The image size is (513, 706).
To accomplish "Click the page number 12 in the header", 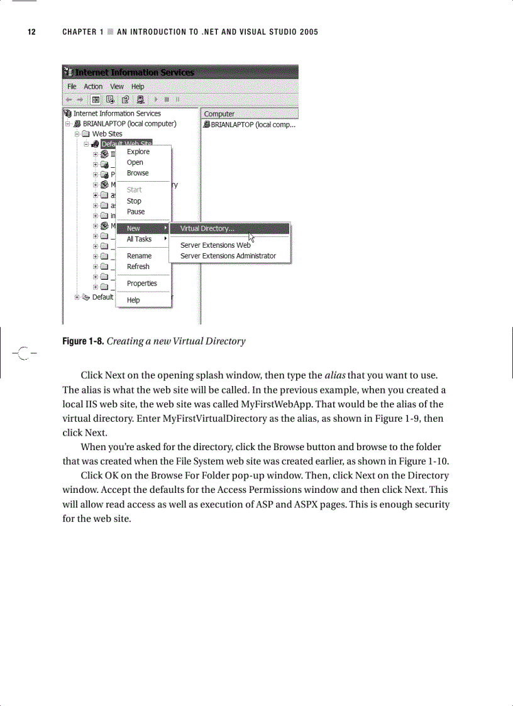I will [x=31, y=32].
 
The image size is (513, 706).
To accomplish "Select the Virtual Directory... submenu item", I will [x=207, y=228].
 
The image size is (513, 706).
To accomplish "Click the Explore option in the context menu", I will [x=138, y=152].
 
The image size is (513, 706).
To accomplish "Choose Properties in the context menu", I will [x=142, y=284].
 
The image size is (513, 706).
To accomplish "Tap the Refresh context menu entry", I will [x=138, y=267].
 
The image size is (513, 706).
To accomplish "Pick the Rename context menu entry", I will [x=139, y=256].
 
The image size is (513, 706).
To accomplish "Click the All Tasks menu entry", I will [x=139, y=239].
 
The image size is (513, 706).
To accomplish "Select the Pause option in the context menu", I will [x=136, y=212].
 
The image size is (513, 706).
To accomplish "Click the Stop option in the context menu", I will [x=134, y=201].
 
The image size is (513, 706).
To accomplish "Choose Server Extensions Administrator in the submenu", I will [x=228, y=256].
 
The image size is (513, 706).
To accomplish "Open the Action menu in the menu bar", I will [x=93, y=87].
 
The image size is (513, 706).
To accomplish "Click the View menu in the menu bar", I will [x=117, y=87].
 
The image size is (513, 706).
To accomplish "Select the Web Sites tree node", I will [x=107, y=134].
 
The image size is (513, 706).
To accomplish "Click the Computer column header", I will [x=219, y=114].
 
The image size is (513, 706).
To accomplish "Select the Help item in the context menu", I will [x=133, y=300].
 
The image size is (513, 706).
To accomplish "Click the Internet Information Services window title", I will [x=135, y=72].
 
